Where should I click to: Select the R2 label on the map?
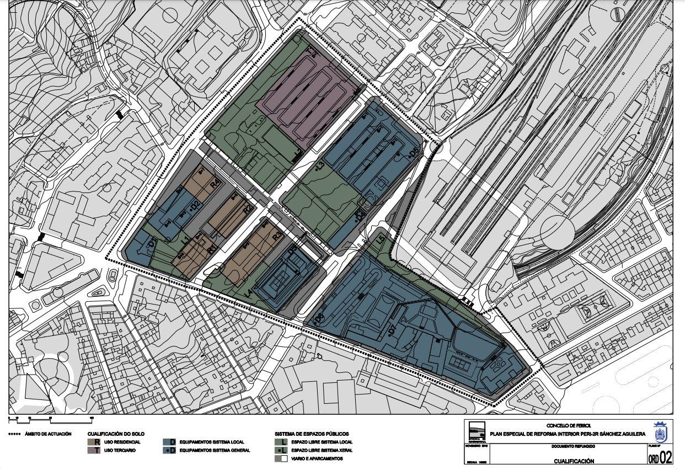(x=248, y=209)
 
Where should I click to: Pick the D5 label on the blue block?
(x=414, y=153)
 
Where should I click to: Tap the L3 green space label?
(x=320, y=167)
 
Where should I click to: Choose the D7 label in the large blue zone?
(x=392, y=330)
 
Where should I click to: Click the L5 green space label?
(x=380, y=239)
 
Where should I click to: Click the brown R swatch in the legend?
(x=97, y=442)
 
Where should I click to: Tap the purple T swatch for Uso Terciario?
(x=97, y=451)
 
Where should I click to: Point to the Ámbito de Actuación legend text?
(x=48, y=434)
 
